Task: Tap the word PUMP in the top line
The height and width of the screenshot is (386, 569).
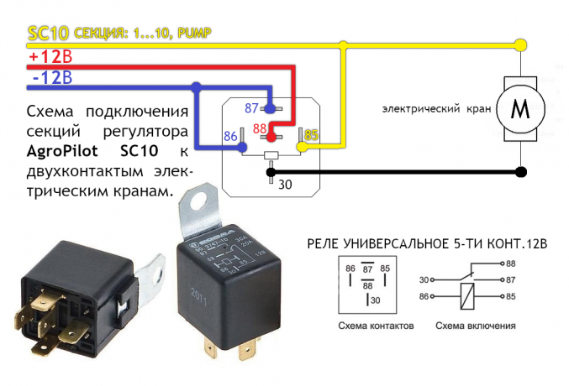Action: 189,34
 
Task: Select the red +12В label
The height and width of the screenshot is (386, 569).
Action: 50,57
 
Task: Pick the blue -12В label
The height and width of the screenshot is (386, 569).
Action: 50,79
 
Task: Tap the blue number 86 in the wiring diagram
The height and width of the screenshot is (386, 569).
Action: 231,134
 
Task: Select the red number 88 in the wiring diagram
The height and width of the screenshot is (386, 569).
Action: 261,128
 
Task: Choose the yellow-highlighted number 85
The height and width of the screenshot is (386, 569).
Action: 311,133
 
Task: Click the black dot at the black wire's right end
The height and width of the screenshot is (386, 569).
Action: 522,173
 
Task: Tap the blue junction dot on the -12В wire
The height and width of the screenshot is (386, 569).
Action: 196,86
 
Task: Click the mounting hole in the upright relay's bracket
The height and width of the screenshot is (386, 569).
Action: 198,202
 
